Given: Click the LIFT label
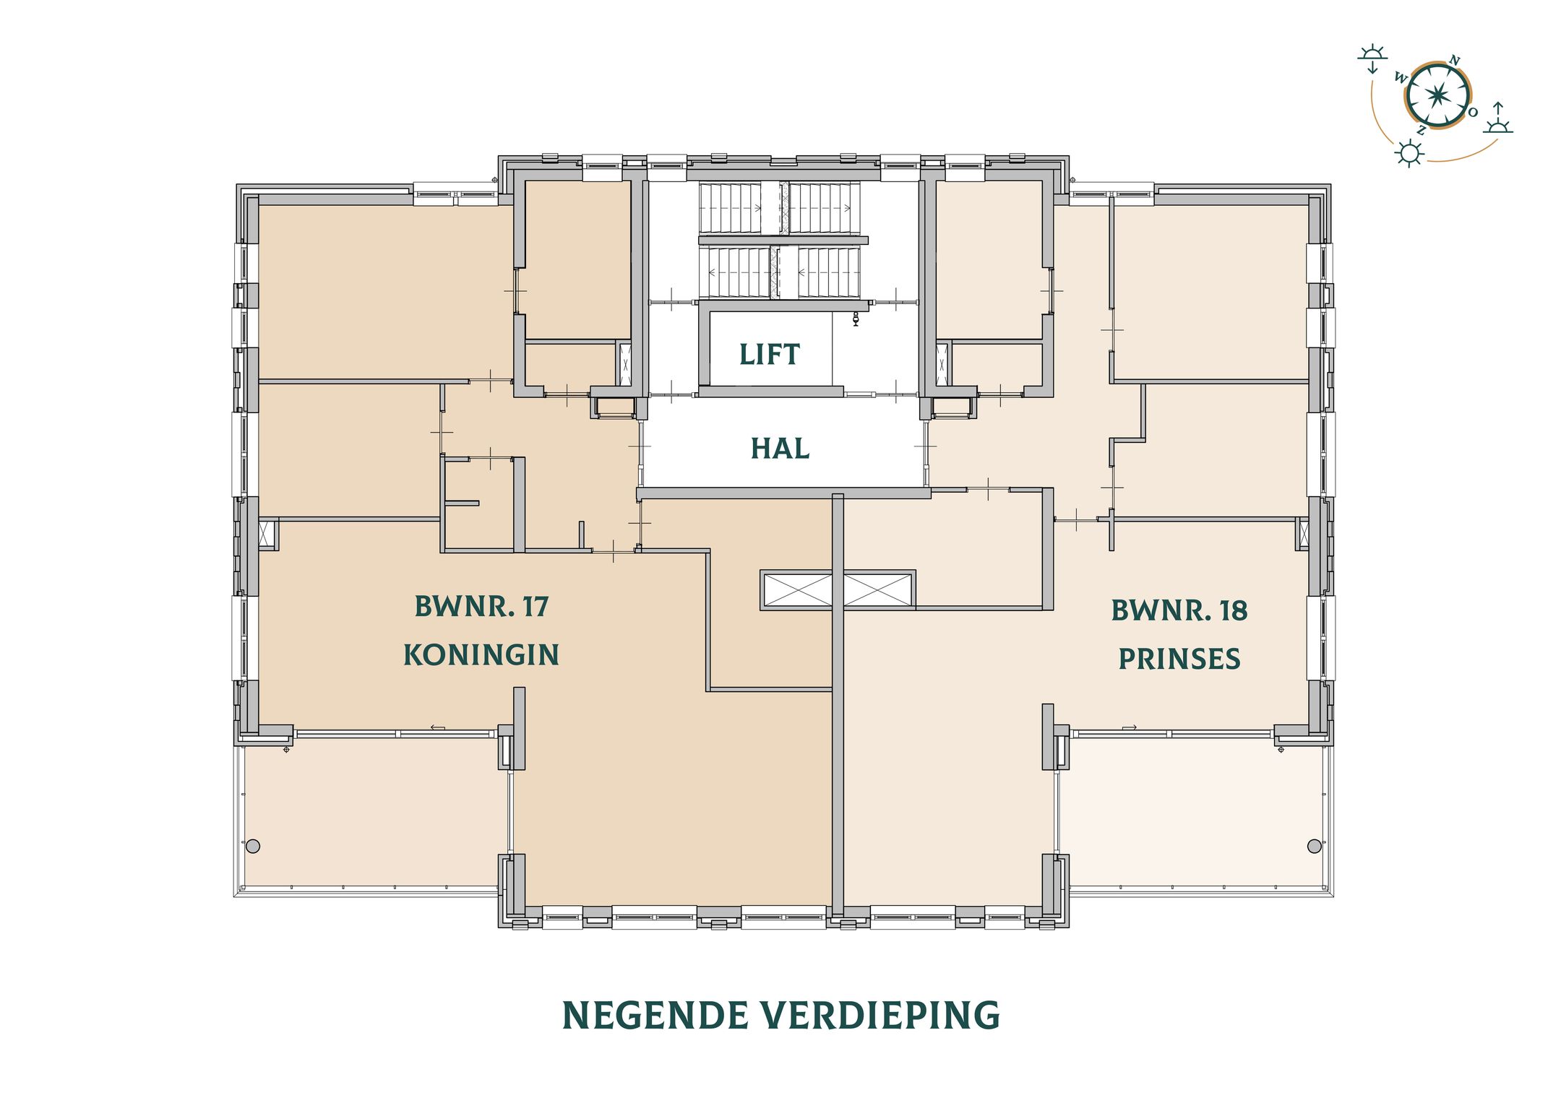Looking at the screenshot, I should click(x=769, y=355).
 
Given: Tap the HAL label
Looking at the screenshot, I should click(x=780, y=449).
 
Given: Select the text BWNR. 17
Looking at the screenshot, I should click(x=481, y=607).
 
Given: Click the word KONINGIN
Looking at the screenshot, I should click(x=481, y=655).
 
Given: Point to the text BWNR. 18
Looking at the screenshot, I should click(x=1179, y=611).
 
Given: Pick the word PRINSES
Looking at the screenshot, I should click(x=1179, y=659).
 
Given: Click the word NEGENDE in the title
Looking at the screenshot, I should click(x=655, y=1016).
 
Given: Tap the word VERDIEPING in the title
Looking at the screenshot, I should click(x=881, y=1016).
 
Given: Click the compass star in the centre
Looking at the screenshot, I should click(x=1437, y=95).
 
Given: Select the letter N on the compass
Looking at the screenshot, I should click(x=1455, y=61).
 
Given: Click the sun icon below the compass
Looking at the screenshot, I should click(x=1409, y=154).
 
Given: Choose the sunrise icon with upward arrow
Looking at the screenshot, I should click(x=1498, y=119).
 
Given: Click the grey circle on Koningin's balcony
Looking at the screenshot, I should click(x=253, y=846).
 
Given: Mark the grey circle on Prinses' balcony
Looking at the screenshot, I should click(x=1314, y=846).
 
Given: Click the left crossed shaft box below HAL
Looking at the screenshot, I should click(x=796, y=590).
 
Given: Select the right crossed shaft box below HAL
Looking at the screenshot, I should click(x=877, y=590).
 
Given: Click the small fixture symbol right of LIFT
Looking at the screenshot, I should click(x=856, y=319).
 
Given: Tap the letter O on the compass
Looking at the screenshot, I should click(x=1472, y=112).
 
